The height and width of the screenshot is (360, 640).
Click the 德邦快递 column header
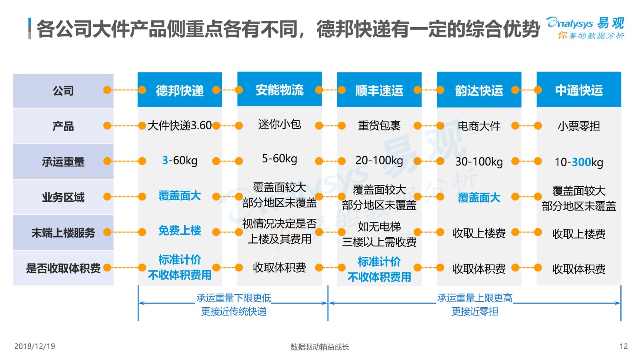coord(180,90)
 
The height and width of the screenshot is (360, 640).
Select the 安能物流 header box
coord(280,89)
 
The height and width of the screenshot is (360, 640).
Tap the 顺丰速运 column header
coord(379,90)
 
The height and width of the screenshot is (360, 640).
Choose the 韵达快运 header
coord(479,90)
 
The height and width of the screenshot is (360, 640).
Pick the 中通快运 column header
coord(579,90)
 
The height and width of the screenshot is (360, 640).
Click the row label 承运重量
coord(63,162)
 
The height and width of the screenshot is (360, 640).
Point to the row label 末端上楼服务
coord(63,232)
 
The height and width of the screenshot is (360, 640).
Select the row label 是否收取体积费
coord(63,268)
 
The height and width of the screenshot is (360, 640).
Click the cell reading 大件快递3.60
coord(180,126)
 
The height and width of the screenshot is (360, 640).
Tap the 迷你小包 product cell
coord(280,124)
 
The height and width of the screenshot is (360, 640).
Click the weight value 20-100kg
coord(379,160)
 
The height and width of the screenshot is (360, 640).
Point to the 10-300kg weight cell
coord(579,162)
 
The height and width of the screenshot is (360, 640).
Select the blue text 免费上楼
coord(180,230)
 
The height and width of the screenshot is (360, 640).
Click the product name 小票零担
coord(579,126)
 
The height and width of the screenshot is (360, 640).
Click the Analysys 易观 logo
coord(586,28)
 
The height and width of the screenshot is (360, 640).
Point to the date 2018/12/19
coord(34,346)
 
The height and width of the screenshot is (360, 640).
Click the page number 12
coord(624,346)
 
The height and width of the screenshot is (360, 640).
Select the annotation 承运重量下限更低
coord(234,298)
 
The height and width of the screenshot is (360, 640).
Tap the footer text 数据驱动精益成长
coord(320,347)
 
